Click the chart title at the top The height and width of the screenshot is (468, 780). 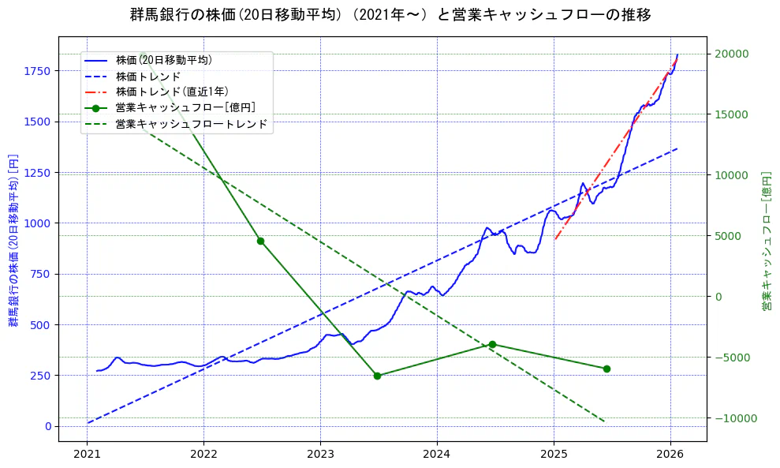[390, 14]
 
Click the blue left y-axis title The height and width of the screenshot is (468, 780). [13, 240]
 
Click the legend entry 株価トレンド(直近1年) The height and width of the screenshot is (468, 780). [174, 92]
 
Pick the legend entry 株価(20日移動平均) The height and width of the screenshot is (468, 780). [163, 59]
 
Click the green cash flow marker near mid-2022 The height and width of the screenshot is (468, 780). [260, 241]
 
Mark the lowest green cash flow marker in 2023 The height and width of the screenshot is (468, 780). [377, 376]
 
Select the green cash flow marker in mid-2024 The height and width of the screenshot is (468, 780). [492, 344]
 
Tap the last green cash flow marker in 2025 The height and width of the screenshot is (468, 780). [606, 369]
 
